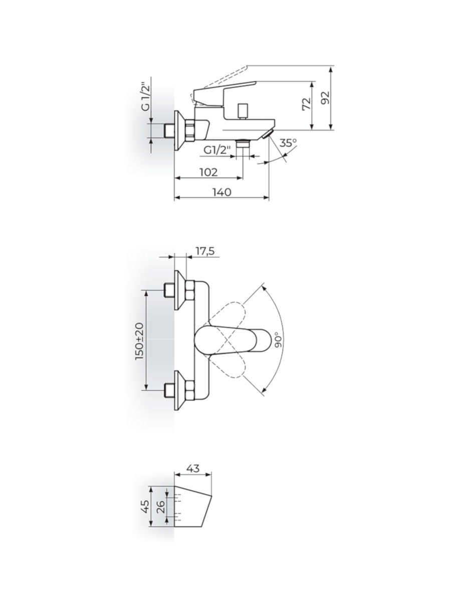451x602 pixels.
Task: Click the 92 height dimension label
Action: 326,97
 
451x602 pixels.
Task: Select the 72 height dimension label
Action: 307,104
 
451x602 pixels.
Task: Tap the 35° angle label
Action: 288,143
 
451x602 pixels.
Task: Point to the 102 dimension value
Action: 208,172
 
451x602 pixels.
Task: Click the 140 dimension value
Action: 222,192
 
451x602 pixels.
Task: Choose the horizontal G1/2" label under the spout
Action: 217,150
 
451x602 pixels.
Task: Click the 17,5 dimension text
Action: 205,251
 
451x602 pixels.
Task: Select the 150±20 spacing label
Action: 139,341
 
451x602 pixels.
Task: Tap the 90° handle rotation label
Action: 278,340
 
